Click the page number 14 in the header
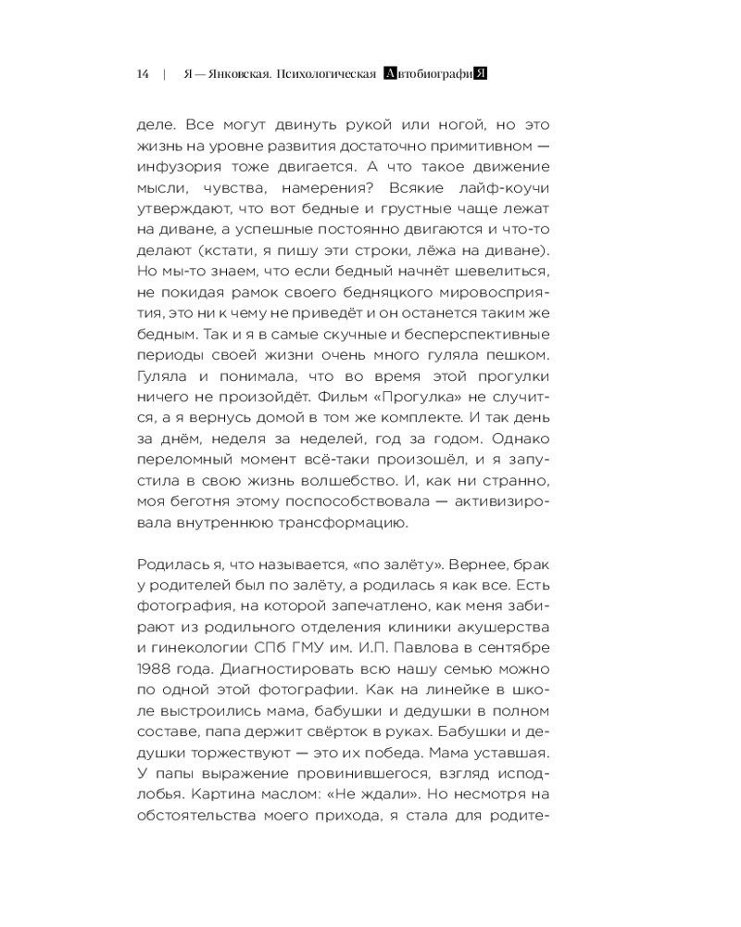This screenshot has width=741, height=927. (143, 75)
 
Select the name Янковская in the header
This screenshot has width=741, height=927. (233, 75)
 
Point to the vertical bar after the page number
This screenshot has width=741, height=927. (164, 75)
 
